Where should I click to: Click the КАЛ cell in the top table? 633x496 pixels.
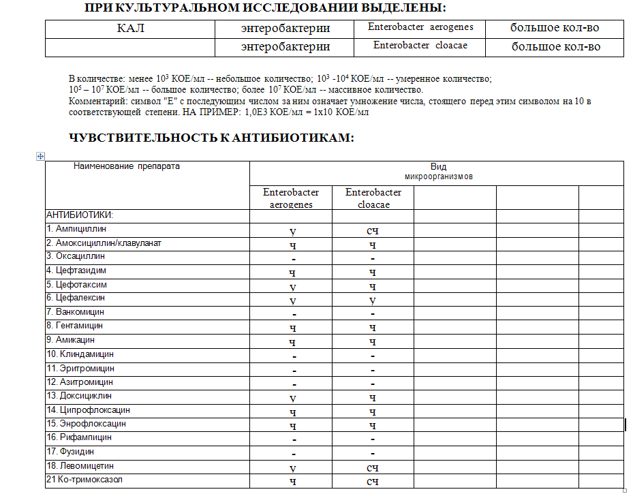coord(131,29)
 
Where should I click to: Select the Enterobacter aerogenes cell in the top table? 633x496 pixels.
coord(420,28)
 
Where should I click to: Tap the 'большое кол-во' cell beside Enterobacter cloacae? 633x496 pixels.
coord(556,47)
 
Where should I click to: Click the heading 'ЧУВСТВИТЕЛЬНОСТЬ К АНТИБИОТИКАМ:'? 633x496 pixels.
coord(212,138)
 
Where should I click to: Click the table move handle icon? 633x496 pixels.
coord(40,157)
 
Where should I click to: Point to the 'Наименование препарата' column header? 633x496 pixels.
coord(127,166)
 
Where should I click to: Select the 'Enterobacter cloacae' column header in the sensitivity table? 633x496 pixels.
coord(373,198)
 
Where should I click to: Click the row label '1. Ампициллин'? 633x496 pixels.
coord(76,229)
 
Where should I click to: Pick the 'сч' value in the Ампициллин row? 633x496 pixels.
coord(373,231)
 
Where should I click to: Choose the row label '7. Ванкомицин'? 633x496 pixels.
coord(75,312)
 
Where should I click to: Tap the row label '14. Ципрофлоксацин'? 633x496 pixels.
coord(88,410)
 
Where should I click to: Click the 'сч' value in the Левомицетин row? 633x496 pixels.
coord(373,467)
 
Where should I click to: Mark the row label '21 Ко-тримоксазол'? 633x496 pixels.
coord(85,480)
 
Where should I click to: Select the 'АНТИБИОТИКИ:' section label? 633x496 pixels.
coord(79,215)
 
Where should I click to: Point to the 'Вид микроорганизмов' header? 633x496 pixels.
coord(438,171)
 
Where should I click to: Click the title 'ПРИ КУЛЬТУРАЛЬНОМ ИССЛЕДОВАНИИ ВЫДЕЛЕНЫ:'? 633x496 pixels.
coord(266,9)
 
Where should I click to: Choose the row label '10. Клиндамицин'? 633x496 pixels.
coord(80,354)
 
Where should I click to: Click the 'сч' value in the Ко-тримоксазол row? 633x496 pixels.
coord(373,482)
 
